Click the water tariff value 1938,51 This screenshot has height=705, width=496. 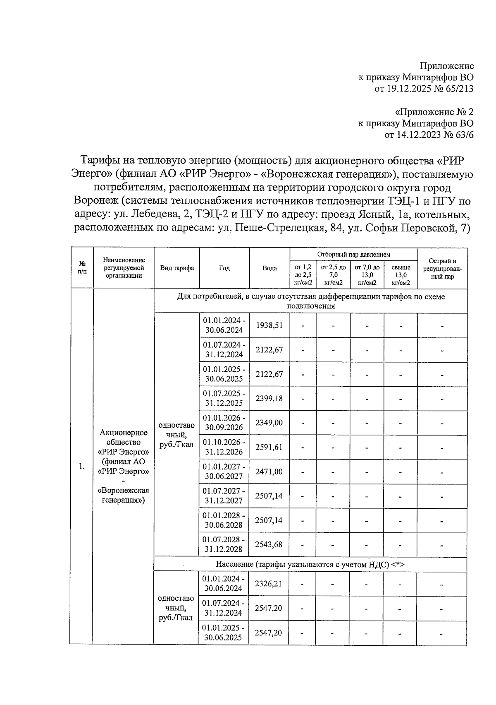[x=269, y=325]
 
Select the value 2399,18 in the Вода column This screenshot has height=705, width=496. [x=269, y=398]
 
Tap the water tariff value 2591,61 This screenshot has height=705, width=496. [x=269, y=447]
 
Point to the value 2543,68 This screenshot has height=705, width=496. [x=269, y=544]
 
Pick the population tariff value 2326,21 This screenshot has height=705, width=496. [x=268, y=584]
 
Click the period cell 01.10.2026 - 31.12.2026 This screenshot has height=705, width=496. [x=224, y=447]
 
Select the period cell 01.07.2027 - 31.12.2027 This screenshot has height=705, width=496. [x=224, y=496]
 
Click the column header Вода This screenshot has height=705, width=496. [x=269, y=268]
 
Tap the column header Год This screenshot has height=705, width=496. [x=224, y=268]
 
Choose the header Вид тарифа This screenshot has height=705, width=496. [x=177, y=268]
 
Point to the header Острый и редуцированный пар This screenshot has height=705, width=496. [x=442, y=269]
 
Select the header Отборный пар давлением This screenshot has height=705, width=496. [x=353, y=255]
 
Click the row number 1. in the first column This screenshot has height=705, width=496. [x=82, y=467]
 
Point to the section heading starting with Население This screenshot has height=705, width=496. [x=310, y=564]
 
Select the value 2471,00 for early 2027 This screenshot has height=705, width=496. [x=269, y=472]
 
